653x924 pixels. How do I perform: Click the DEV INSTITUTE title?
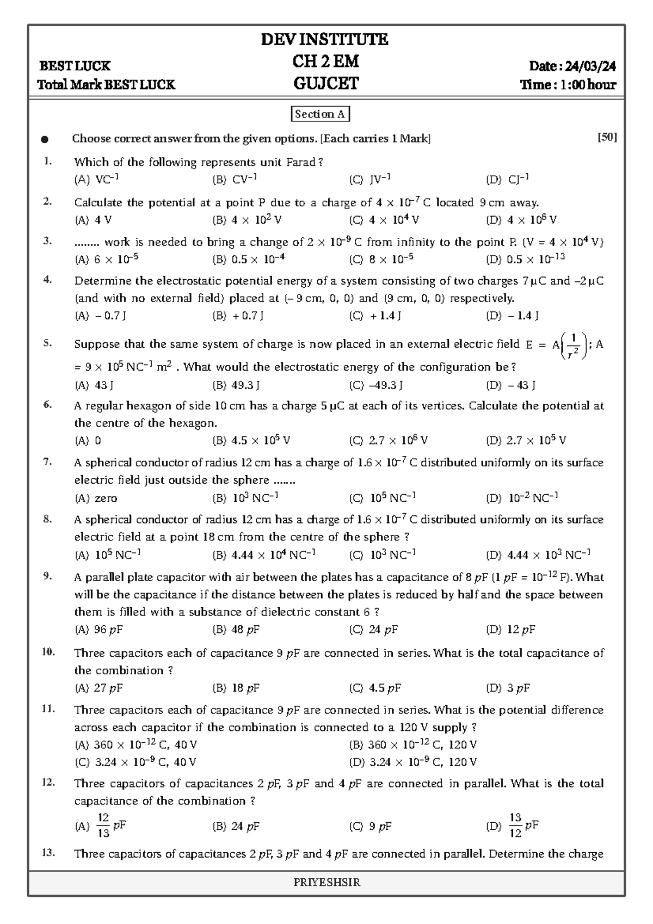click(325, 39)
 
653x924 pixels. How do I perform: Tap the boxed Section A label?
click(320, 114)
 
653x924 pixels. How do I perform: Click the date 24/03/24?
click(590, 66)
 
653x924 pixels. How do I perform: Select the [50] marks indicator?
click(607, 138)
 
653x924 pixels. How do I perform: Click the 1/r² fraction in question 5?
click(573, 346)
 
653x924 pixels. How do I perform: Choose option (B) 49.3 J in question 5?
click(236, 386)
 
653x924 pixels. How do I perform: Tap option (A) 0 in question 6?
click(88, 441)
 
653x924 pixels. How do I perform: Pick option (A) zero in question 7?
click(96, 498)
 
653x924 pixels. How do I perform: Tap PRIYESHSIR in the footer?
click(326, 883)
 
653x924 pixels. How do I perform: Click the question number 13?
click(48, 853)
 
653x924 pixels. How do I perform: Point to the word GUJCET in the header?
click(325, 84)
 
